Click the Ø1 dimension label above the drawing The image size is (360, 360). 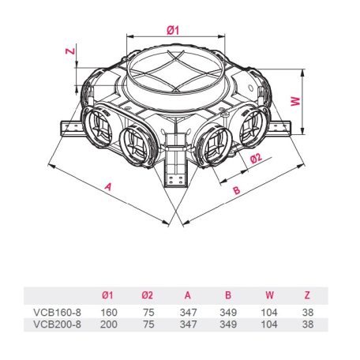173,29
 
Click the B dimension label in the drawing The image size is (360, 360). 235,189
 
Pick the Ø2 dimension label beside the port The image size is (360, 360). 256,158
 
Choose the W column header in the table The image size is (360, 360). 269,295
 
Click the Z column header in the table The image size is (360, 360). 306,295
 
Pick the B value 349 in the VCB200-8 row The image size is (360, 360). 229,324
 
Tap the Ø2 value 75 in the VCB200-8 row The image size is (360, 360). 148,324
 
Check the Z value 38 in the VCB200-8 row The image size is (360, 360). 306,324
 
